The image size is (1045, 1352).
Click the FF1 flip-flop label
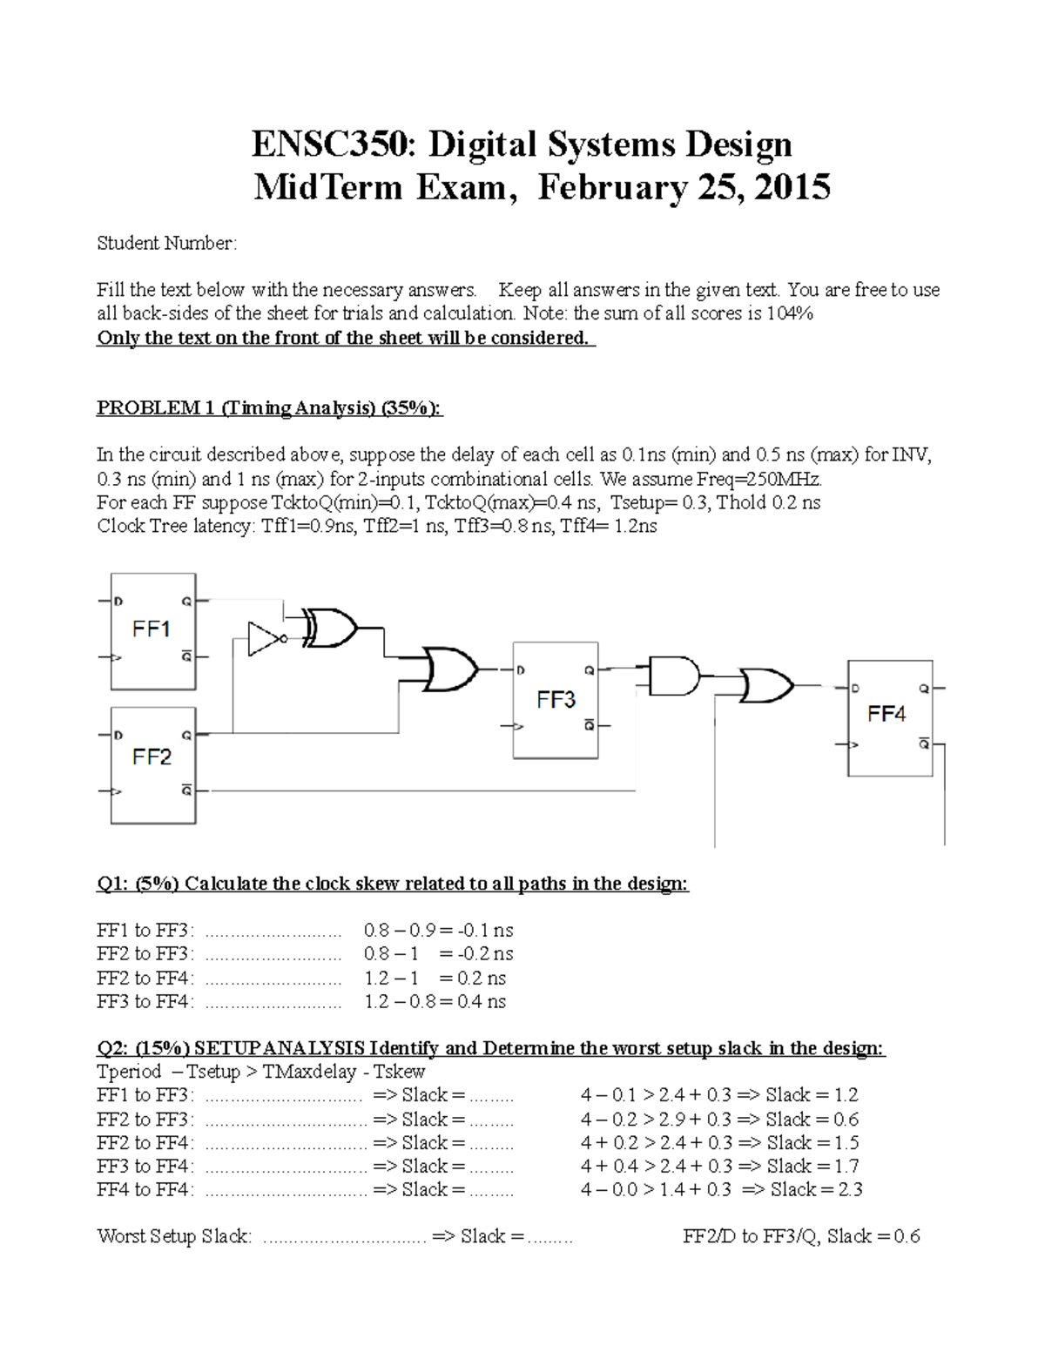(151, 629)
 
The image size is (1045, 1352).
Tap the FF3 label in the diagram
(556, 699)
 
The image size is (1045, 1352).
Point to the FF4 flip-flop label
(887, 714)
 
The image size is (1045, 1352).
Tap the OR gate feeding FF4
(766, 685)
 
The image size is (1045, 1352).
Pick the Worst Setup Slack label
(174, 1236)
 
